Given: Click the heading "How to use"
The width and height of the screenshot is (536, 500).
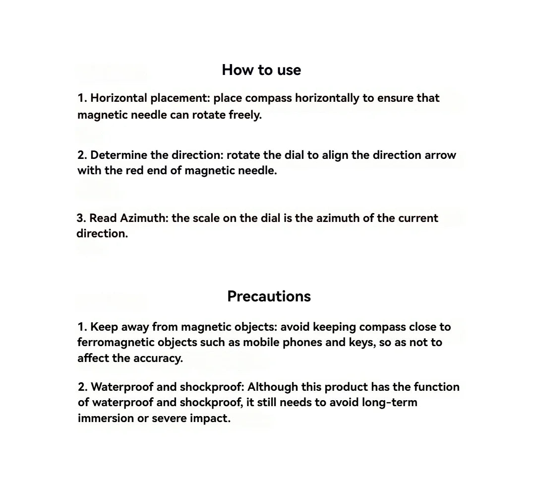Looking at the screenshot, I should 261,70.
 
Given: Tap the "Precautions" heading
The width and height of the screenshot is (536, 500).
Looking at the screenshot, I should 269,296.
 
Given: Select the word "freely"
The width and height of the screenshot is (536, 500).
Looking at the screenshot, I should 244,115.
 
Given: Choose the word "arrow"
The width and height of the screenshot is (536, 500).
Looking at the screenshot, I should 440,155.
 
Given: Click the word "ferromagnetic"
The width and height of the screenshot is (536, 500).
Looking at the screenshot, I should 116,343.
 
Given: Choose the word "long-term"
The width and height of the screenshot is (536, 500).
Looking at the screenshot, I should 390,402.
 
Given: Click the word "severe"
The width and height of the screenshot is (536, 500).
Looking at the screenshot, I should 169,418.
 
